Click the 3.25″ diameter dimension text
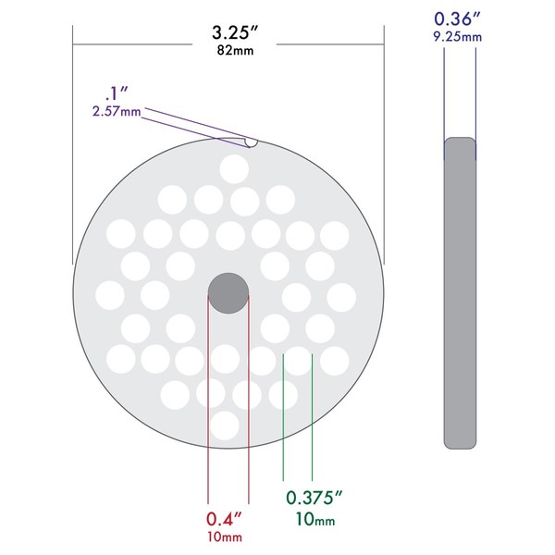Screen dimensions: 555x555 (x=235, y=32)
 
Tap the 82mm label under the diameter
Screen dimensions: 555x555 (x=235, y=50)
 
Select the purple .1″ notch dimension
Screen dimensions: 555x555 (x=117, y=93)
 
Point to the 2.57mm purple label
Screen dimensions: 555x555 (x=117, y=112)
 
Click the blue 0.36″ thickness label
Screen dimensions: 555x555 (x=457, y=18)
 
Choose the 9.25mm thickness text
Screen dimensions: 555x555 (x=457, y=36)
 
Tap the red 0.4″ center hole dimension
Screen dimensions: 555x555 (x=224, y=519)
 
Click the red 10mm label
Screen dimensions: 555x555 (x=225, y=536)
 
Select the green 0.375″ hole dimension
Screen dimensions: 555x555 (x=314, y=498)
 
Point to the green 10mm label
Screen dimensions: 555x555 (x=315, y=519)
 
